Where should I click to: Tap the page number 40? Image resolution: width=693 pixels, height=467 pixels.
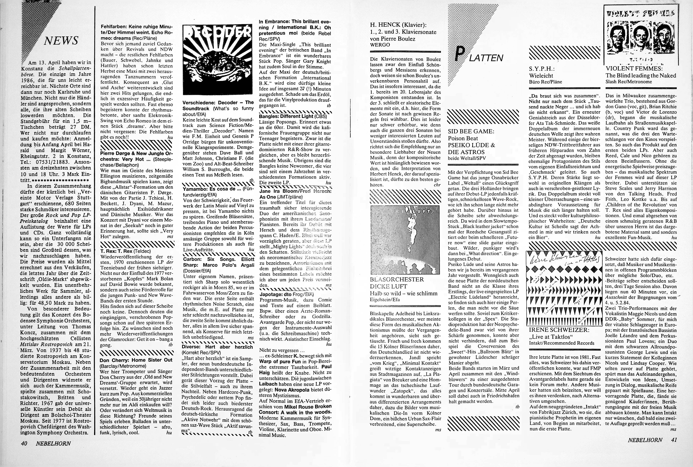coord(24,443)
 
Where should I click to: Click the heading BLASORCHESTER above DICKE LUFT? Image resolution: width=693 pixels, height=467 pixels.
coord(397,279)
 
